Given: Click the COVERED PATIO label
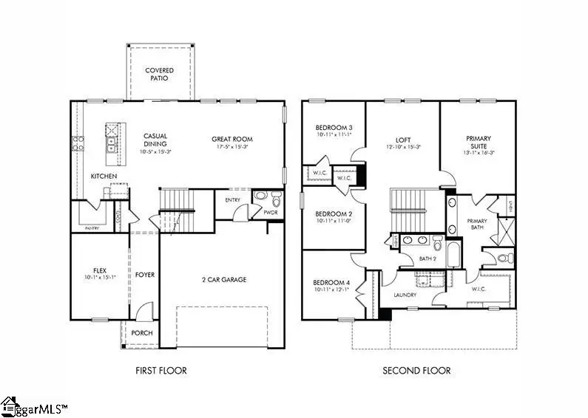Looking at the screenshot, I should pyautogui.click(x=159, y=75).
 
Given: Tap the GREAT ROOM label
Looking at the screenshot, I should pyautogui.click(x=232, y=139).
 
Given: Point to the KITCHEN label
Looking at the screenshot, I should pyautogui.click(x=104, y=177).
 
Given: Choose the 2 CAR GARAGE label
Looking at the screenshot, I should pyautogui.click(x=223, y=280).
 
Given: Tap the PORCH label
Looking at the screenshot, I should pyautogui.click(x=142, y=333).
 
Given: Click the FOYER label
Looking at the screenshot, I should pyautogui.click(x=145, y=275).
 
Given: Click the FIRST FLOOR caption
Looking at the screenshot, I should pyautogui.click(x=160, y=371).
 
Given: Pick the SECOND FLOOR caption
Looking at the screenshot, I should pyautogui.click(x=416, y=371).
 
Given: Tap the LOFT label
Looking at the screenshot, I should pyautogui.click(x=402, y=139).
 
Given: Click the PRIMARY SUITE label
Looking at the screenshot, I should pyautogui.click(x=479, y=143).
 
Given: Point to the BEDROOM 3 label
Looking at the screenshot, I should pyautogui.click(x=334, y=128).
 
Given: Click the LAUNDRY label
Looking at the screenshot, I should pyautogui.click(x=405, y=295).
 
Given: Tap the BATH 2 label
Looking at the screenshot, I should pyautogui.click(x=428, y=258).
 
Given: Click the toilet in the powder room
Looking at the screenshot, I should pyautogui.click(x=275, y=199).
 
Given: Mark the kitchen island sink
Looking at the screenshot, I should pyautogui.click(x=110, y=143).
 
